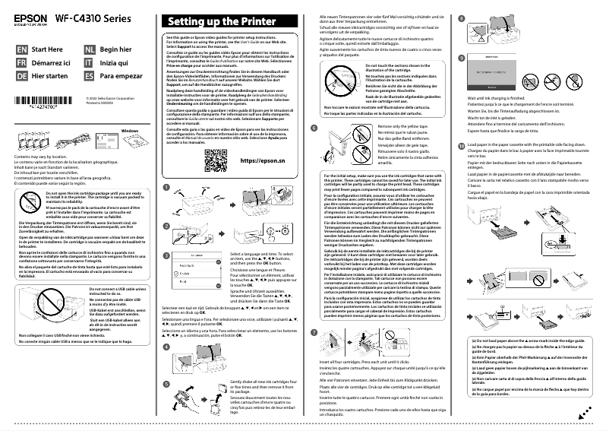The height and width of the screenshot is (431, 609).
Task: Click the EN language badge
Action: point(21,48)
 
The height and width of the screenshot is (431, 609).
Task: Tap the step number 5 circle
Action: point(167,382)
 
